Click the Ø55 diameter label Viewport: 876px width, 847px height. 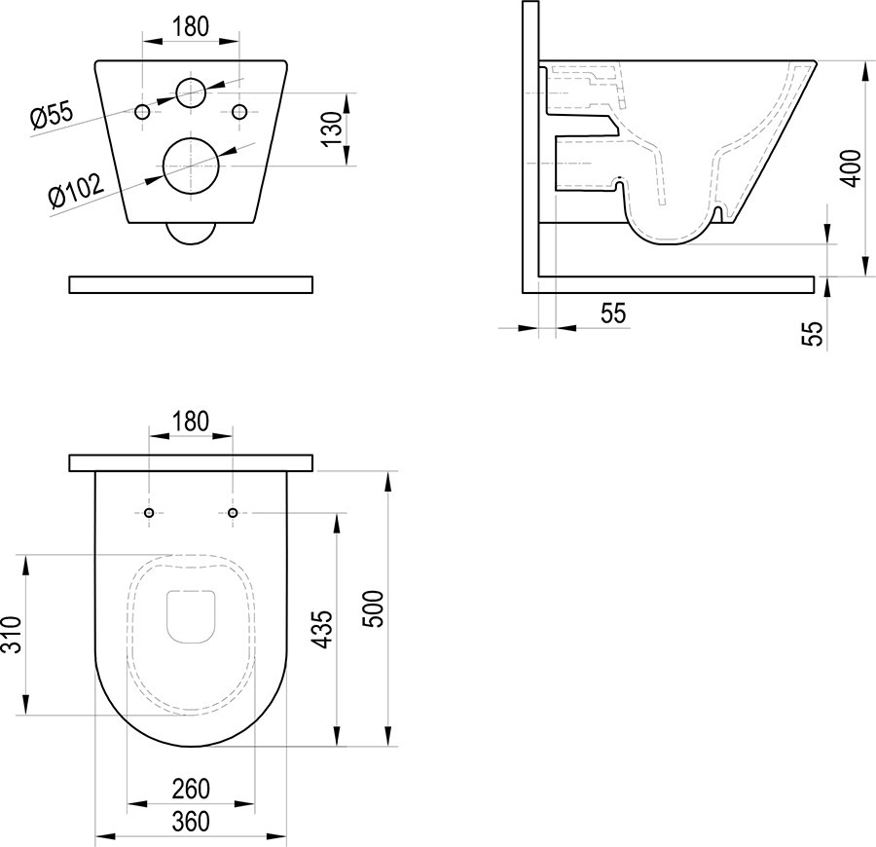coord(53,116)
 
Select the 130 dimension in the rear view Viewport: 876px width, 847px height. coord(333,129)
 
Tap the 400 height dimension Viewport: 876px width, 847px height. coord(852,168)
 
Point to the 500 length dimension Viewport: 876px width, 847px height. coord(374,608)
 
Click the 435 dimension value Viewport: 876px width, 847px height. coord(323,629)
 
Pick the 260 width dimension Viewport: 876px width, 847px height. coord(191,789)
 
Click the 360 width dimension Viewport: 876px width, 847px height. coord(191,822)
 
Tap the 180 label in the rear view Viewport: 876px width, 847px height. coord(191,27)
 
